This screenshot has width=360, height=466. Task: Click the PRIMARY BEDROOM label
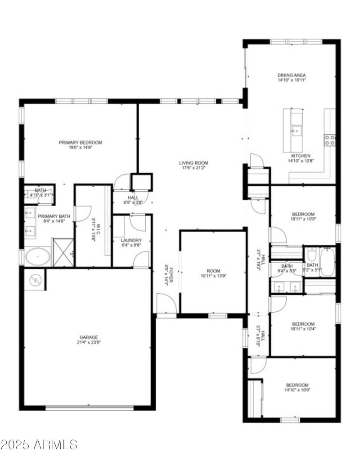pos(81,143)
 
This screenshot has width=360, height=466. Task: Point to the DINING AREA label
pos(292,75)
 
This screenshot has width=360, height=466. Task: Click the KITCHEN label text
pos(301,156)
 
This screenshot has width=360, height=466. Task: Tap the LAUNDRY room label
pos(131,240)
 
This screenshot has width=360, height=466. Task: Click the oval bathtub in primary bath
pos(37,257)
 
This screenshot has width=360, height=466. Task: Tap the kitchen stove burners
pos(330,139)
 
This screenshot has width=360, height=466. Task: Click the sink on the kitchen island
pos(296,131)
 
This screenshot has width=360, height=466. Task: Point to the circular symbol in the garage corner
pos(35,280)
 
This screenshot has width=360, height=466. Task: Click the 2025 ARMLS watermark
pos(39,445)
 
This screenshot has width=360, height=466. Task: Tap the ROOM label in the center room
pos(213,271)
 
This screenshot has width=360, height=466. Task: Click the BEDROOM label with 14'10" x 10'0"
pos(297,385)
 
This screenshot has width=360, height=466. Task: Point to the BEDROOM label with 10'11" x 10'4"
pos(303,324)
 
